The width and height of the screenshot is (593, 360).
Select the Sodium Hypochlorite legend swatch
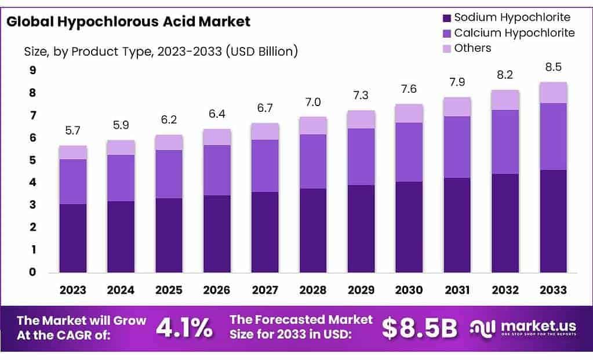[446, 17]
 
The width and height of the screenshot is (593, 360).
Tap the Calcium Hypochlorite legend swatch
[446, 33]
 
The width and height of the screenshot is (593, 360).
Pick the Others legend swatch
[446, 49]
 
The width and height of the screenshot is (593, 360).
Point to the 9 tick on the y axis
[32, 71]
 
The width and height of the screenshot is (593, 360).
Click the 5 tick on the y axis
[32, 160]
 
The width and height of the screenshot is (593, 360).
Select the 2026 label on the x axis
[217, 289]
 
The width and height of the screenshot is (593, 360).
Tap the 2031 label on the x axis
[457, 289]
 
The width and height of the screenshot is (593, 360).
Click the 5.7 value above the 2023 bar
[72, 131]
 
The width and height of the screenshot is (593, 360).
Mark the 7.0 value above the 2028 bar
[313, 102]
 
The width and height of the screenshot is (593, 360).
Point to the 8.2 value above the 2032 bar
[505, 75]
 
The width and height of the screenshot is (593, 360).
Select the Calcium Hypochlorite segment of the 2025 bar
[169, 174]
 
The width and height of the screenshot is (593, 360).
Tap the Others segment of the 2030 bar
[409, 114]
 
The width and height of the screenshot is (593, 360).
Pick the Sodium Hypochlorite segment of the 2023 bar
[72, 238]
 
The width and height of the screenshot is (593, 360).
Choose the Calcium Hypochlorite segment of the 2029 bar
[361, 157]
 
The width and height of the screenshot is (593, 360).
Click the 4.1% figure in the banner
[184, 328]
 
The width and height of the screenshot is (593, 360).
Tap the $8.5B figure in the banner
[420, 328]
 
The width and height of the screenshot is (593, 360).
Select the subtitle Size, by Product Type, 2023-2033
[161, 52]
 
